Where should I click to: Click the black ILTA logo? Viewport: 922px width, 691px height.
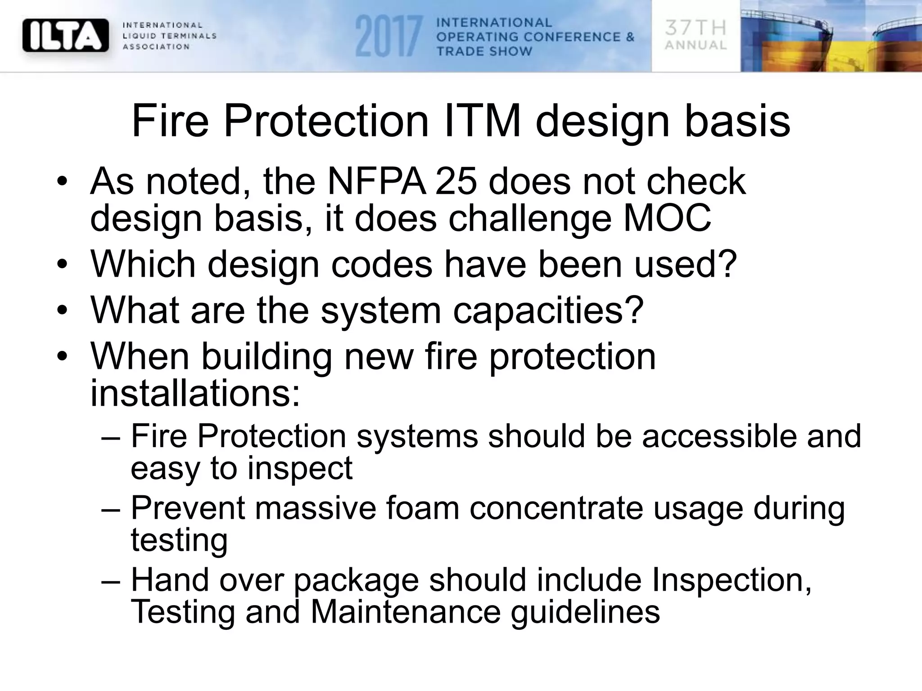[66, 35]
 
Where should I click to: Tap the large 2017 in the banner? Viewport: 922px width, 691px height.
[388, 36]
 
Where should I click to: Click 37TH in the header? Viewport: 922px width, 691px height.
[696, 28]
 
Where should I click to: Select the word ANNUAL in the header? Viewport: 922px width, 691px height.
[696, 45]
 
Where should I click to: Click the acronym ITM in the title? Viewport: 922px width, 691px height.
[482, 121]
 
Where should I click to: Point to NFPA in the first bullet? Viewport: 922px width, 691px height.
[376, 181]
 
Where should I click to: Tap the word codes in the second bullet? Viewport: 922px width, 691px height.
[382, 264]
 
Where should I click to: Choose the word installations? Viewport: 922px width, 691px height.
[195, 393]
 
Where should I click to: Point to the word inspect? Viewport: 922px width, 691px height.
[300, 468]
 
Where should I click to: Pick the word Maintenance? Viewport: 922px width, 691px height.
[406, 612]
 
